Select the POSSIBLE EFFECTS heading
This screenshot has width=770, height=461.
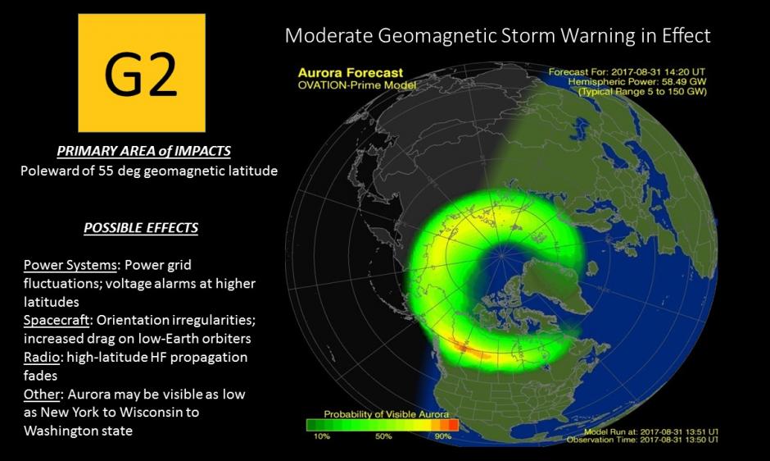[142, 227]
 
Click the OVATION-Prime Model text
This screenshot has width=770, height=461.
[357, 84]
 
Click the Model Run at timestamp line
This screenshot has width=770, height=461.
[652, 431]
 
